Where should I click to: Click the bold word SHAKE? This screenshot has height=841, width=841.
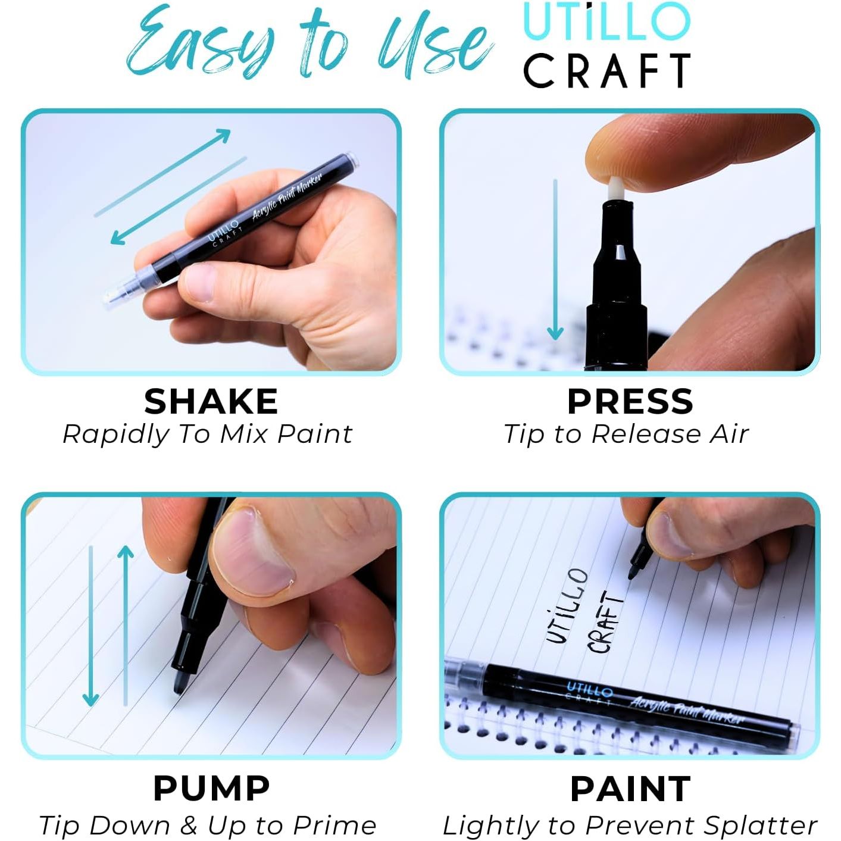(211, 402)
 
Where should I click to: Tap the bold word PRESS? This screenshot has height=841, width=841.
(630, 402)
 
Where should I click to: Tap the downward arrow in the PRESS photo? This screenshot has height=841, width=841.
(555, 260)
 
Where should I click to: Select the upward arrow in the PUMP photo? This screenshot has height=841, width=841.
(126, 625)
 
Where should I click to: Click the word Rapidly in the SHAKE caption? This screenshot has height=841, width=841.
(115, 435)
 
